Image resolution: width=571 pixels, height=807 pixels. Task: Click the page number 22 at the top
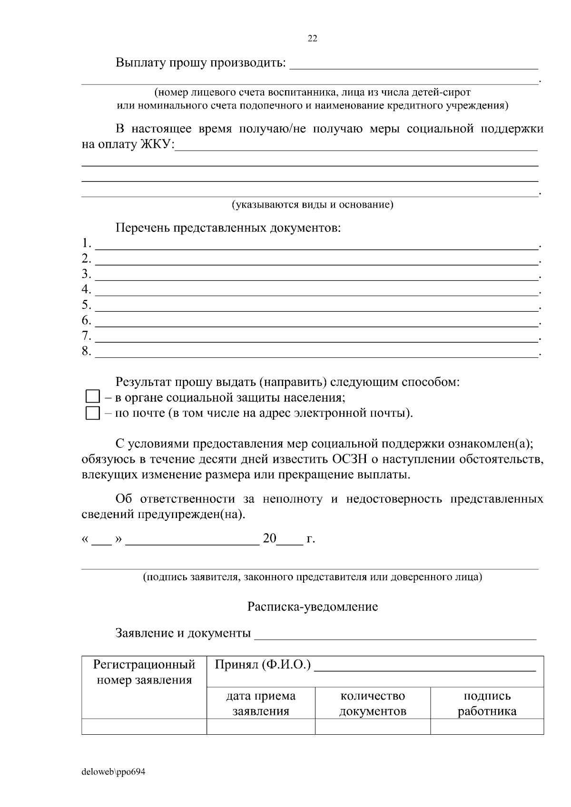313,39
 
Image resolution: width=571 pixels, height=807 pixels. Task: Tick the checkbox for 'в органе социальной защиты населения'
92,397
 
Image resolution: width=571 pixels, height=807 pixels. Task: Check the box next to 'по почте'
92,413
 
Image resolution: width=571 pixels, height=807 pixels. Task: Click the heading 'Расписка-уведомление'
312,606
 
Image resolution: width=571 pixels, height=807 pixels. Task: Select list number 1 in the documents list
86,243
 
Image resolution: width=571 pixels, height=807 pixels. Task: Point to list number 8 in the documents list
86,352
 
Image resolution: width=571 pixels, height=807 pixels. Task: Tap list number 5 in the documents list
86,305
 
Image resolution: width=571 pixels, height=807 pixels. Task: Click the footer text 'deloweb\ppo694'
113,772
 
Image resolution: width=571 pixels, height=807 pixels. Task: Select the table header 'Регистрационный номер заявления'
144,672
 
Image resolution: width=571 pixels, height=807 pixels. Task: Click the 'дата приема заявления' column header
261,703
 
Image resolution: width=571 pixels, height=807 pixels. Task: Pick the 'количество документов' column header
373,703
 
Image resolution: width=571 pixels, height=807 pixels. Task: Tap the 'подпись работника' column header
487,703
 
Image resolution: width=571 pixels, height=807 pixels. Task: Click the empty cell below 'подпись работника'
487,726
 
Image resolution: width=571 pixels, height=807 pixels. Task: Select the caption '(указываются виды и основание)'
312,205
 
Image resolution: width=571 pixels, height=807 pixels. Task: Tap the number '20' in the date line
269,538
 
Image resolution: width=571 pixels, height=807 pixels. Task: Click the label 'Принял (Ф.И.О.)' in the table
263,664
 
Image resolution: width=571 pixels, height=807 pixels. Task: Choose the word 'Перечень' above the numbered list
142,228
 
